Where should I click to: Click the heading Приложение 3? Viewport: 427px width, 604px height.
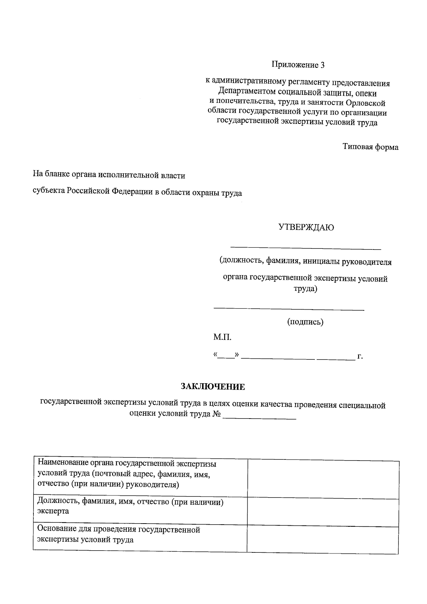point(298,65)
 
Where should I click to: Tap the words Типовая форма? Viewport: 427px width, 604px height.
point(370,147)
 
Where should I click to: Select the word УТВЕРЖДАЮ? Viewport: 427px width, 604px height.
point(306,227)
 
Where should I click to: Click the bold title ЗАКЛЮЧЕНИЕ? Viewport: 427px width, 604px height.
point(213,387)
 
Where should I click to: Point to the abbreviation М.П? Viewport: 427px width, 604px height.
point(222,337)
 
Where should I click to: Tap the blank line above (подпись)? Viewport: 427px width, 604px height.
point(289,310)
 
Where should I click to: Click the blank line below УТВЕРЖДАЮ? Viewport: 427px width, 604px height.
point(306,247)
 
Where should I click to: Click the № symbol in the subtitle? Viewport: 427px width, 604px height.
point(217,415)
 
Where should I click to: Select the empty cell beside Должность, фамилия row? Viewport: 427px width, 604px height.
point(323,511)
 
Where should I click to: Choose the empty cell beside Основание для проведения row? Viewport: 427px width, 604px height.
point(323,539)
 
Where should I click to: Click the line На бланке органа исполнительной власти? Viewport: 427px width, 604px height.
point(109,175)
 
